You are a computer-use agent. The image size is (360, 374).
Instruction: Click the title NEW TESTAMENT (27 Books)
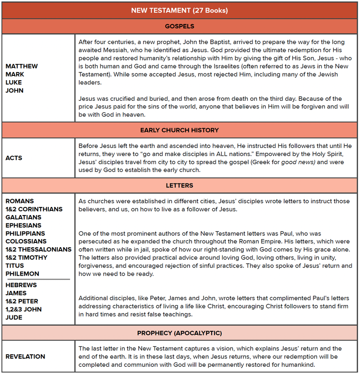point(180,10)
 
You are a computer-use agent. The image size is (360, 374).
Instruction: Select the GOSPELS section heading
point(180,26)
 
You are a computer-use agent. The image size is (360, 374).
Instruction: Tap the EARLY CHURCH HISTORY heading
point(180,130)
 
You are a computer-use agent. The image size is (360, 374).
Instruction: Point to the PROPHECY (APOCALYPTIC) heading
point(180,333)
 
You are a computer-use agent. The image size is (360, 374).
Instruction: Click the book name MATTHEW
point(22,66)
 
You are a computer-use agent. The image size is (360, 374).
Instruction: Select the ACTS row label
point(14,158)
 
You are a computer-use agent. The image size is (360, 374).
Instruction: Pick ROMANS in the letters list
point(20,201)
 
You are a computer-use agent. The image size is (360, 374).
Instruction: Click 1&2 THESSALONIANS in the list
point(38,250)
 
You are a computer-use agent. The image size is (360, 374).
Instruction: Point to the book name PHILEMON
point(22,274)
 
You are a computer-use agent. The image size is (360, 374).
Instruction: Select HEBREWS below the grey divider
point(21,285)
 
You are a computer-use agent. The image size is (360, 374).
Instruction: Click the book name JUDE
point(14,317)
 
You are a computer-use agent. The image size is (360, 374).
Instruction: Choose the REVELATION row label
point(25,357)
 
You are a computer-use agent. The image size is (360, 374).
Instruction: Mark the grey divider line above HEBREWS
point(38,279)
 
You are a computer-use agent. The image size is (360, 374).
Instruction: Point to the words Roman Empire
point(275,241)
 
